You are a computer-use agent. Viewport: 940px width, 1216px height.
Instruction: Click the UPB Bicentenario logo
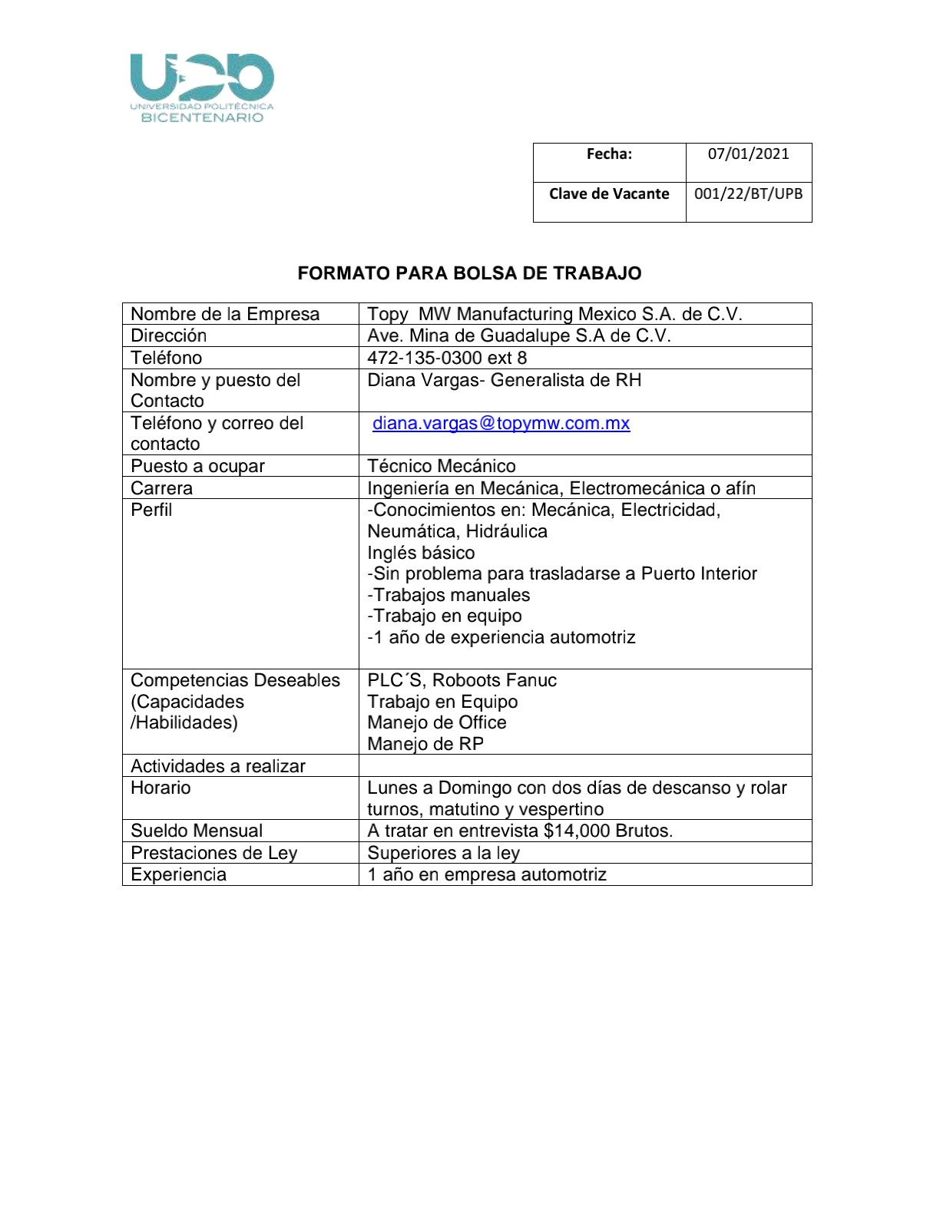pyautogui.click(x=202, y=88)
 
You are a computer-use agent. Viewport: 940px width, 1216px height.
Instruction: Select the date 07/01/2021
pyautogui.click(x=748, y=154)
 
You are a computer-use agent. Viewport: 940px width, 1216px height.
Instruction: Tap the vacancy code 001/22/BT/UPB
pyautogui.click(x=748, y=194)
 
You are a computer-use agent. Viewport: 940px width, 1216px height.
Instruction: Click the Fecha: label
pyautogui.click(x=609, y=154)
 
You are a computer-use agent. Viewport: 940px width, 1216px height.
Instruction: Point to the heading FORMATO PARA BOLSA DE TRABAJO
pyautogui.click(x=469, y=273)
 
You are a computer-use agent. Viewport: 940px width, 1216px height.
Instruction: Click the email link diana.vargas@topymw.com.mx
pyautogui.click(x=501, y=424)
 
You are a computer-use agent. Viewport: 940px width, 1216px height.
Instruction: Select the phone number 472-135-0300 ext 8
pyautogui.click(x=447, y=359)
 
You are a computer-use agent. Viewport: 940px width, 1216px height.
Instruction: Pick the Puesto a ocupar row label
pyautogui.click(x=197, y=467)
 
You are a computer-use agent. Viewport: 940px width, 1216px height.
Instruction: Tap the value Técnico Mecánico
pyautogui.click(x=442, y=467)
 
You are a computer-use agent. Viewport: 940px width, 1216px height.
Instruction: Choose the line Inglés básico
pyautogui.click(x=421, y=553)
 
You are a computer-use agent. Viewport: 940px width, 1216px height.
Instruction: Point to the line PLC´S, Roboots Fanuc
pyautogui.click(x=462, y=681)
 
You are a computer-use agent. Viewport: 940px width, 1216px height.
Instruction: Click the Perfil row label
pyautogui.click(x=151, y=511)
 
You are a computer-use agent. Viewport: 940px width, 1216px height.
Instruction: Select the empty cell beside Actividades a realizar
pyautogui.click(x=584, y=766)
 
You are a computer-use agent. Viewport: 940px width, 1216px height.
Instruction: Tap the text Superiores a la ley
pyautogui.click(x=443, y=854)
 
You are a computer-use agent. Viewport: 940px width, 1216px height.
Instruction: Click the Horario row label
pyautogui.click(x=161, y=788)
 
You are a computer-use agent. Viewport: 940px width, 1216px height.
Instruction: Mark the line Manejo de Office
pyautogui.click(x=437, y=723)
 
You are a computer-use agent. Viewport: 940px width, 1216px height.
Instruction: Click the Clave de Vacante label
pyautogui.click(x=609, y=194)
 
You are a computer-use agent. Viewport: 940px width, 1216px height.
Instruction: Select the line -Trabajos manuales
pyautogui.click(x=448, y=596)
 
